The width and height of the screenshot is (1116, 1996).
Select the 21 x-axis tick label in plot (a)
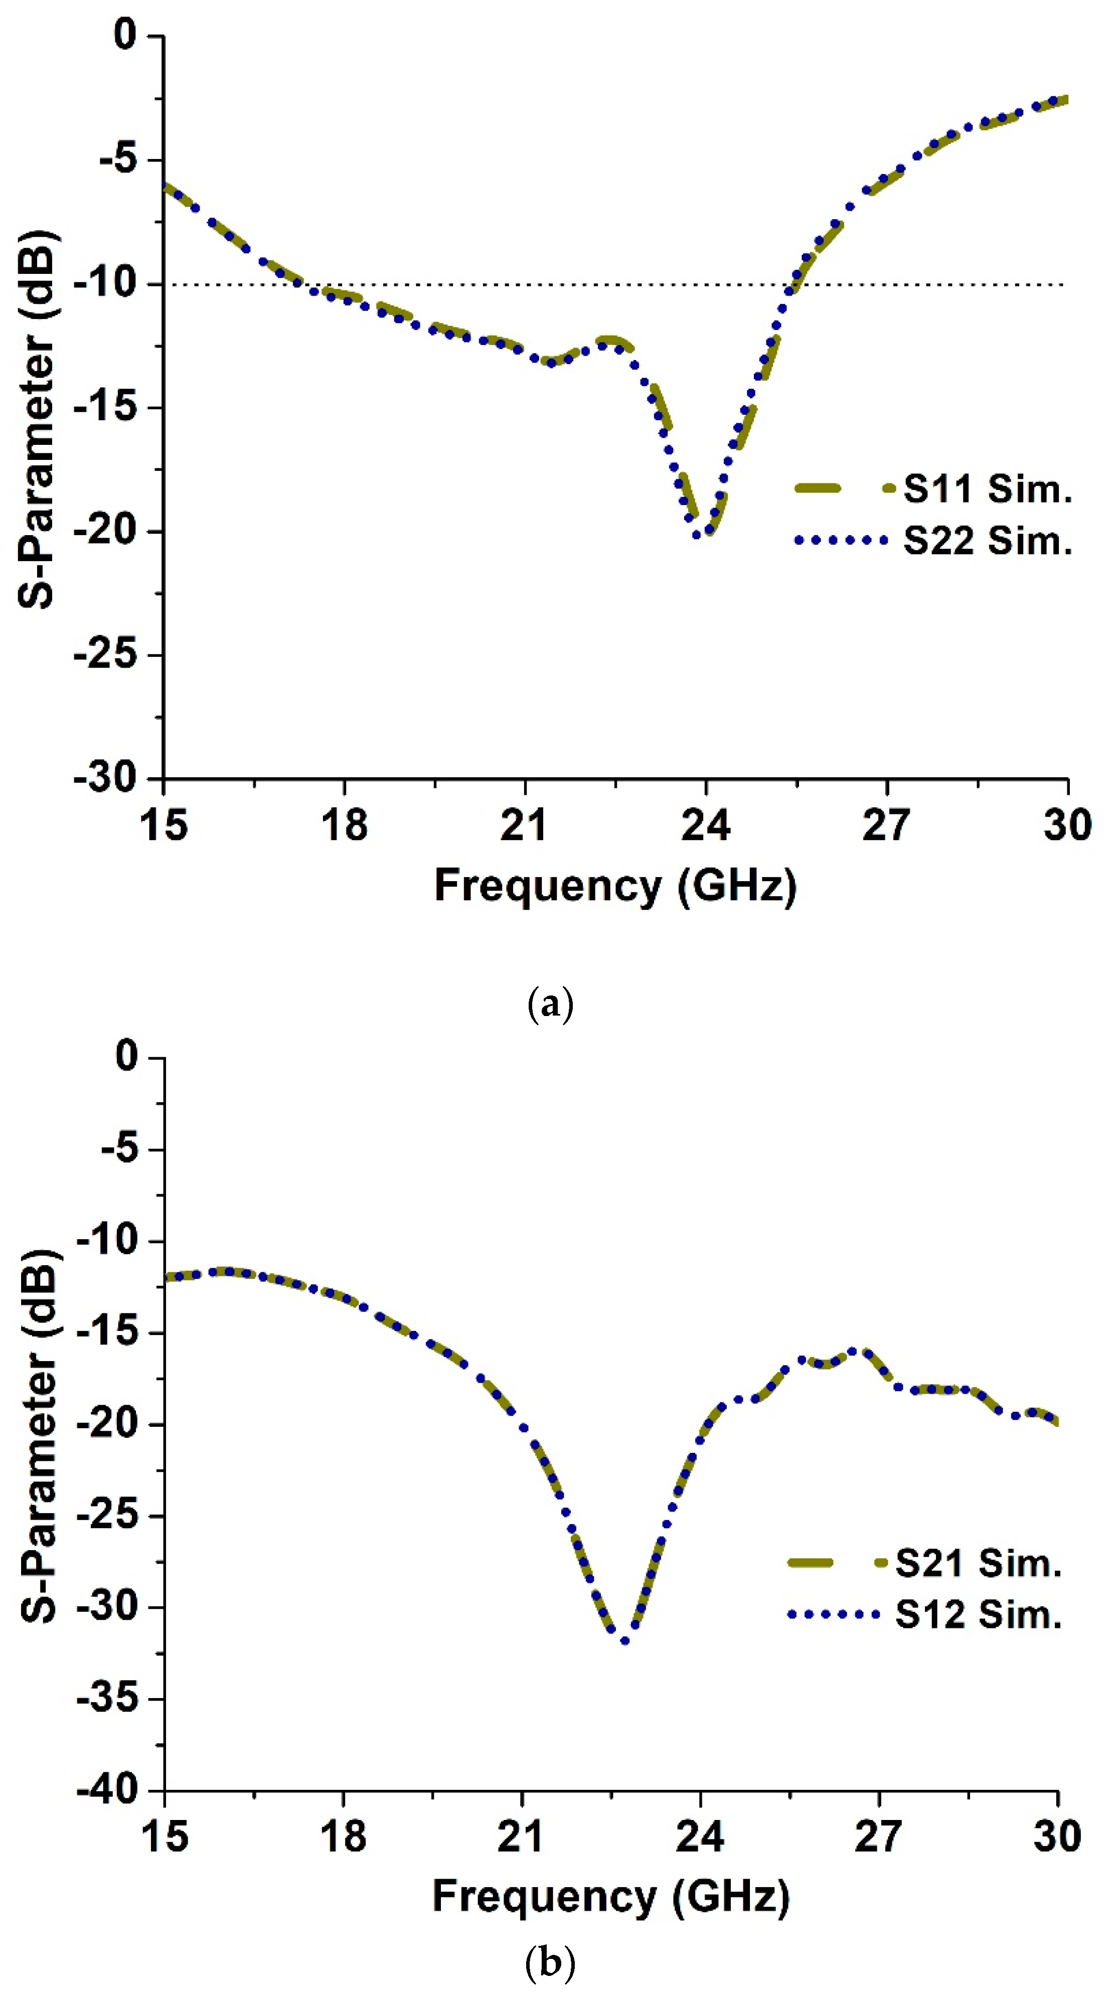pyautogui.click(x=525, y=824)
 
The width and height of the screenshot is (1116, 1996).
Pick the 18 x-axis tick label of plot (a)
pyautogui.click(x=344, y=824)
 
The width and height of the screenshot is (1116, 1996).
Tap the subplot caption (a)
pyautogui.click(x=550, y=1005)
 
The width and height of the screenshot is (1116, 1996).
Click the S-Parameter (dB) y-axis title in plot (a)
pyautogui.click(x=37, y=418)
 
